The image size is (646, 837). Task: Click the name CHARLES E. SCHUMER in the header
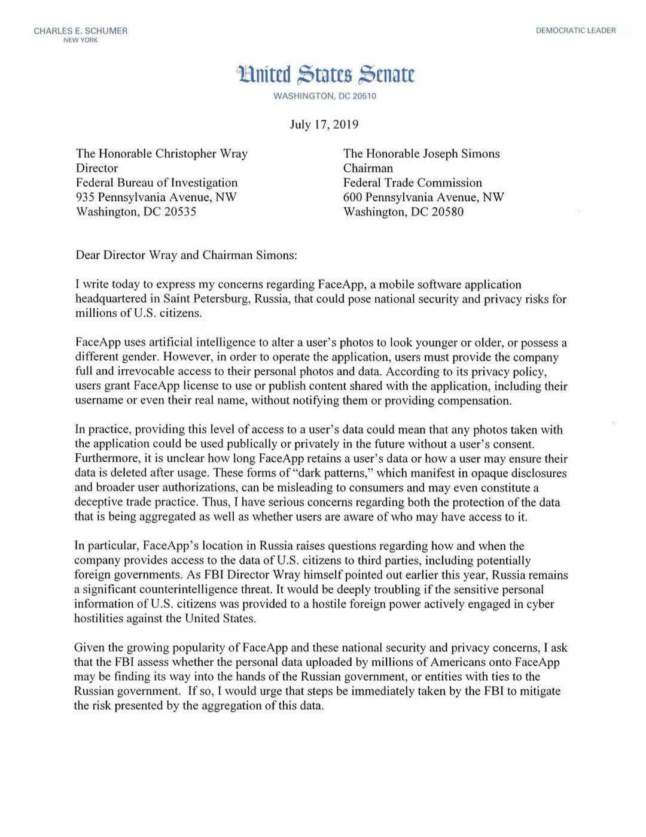(x=80, y=31)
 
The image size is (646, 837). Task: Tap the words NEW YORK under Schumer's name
(x=80, y=40)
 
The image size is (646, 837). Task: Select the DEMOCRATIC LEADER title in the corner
(x=575, y=31)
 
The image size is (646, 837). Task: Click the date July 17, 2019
(x=324, y=125)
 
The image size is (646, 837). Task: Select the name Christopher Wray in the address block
(x=202, y=154)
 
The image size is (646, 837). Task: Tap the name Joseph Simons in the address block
(x=461, y=154)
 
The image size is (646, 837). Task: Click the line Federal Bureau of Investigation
(x=157, y=183)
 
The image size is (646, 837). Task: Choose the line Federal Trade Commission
(x=413, y=183)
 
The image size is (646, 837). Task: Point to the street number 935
(x=85, y=197)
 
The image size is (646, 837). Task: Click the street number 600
(x=353, y=197)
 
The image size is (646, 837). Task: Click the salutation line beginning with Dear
(x=186, y=255)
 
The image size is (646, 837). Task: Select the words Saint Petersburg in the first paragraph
(x=206, y=299)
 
